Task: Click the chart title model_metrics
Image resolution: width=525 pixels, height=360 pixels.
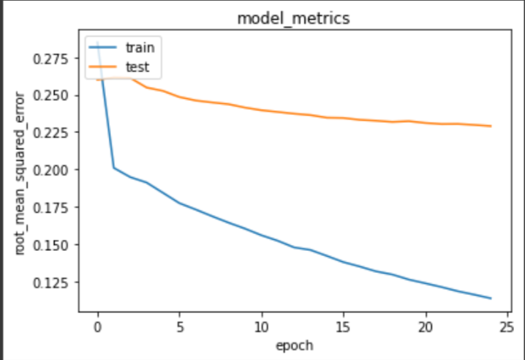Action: tap(293, 18)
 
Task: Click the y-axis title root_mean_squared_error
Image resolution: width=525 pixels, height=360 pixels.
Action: tap(21, 173)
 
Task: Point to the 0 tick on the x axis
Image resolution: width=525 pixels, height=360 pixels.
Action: tap(97, 326)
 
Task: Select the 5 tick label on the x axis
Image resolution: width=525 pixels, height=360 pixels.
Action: tap(179, 326)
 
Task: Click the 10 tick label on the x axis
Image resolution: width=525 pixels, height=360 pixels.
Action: tap(262, 326)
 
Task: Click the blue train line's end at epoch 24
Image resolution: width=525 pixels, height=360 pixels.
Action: tap(491, 298)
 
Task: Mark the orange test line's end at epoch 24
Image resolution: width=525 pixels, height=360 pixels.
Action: tap(491, 126)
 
